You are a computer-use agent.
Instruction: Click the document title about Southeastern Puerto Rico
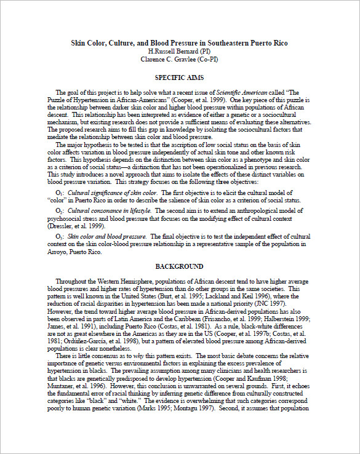[x=180, y=43]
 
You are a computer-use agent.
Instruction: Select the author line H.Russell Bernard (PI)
[x=179, y=51]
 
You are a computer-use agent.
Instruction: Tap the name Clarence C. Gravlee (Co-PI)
[x=179, y=59]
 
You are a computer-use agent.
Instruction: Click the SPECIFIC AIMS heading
[x=179, y=78]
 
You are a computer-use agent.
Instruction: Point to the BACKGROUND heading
[x=179, y=266]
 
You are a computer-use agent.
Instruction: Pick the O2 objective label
[x=60, y=211]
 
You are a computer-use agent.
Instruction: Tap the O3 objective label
[x=60, y=236]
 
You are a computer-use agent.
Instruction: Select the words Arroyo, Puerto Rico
[x=77, y=251]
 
